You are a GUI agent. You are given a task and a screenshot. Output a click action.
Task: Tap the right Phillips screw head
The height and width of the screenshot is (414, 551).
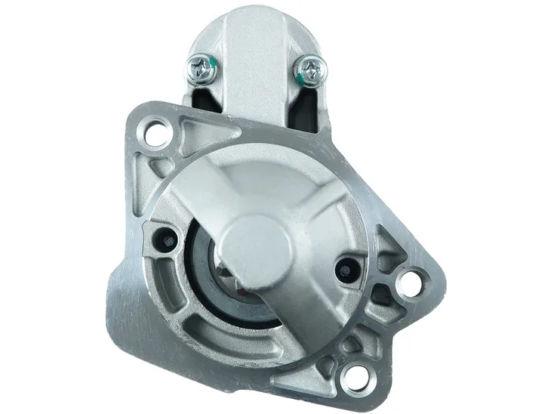(311, 73)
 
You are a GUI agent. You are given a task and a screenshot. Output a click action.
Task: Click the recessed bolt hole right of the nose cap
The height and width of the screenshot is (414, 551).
(348, 266)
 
